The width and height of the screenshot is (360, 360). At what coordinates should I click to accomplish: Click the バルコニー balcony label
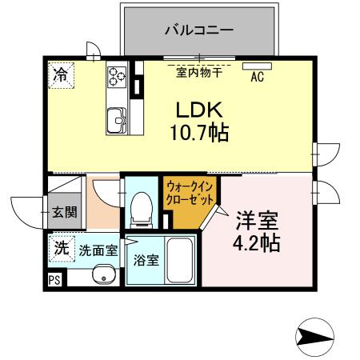point(199,30)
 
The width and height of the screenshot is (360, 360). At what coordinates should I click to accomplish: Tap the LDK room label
point(198,109)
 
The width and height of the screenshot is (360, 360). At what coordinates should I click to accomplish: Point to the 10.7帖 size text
point(199,132)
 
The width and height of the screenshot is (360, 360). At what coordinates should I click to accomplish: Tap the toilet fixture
point(142,206)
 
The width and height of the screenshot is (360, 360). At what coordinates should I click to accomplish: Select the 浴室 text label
point(146,259)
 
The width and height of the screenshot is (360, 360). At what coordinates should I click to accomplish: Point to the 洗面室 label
point(98,250)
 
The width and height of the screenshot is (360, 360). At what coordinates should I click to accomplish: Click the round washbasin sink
point(102,277)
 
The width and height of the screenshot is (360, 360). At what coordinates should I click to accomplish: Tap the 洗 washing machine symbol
point(61,248)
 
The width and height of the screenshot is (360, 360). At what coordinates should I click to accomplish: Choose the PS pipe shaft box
point(54,279)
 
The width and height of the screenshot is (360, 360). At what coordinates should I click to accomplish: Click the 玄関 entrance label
point(64,213)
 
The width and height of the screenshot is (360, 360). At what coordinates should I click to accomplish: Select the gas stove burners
point(118,76)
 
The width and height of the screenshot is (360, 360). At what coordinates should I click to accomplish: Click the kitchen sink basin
point(118,119)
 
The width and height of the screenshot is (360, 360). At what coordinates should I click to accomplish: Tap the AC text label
point(258,78)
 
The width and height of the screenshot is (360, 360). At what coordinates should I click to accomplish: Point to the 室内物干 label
point(199,73)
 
